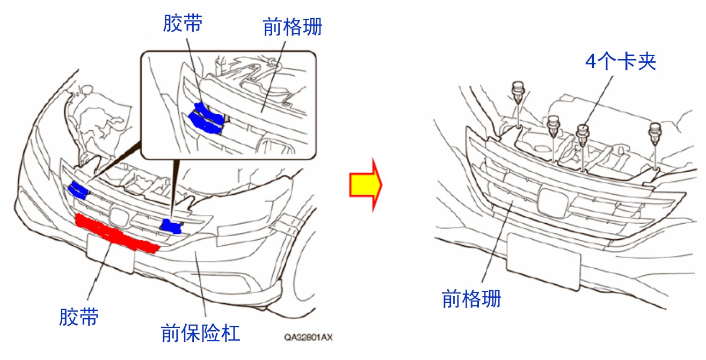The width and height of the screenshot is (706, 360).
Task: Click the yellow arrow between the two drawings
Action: click(x=366, y=185)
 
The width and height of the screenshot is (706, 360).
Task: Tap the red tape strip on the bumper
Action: click(x=116, y=233)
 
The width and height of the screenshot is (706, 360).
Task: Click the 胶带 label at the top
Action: click(x=183, y=23)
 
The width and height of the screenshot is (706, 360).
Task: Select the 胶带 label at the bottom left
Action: click(x=79, y=317)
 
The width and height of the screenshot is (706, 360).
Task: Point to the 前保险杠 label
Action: click(x=200, y=333)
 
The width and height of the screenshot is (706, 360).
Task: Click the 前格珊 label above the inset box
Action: click(x=292, y=27)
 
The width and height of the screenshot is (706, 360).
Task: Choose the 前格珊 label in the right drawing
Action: click(x=471, y=299)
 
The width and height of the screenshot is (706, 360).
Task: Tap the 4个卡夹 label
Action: click(x=621, y=61)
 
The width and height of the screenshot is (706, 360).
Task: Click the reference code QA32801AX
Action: click(x=308, y=337)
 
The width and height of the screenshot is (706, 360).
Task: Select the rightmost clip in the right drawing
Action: click(x=655, y=134)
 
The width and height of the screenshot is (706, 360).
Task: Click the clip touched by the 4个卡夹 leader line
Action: click(x=583, y=135)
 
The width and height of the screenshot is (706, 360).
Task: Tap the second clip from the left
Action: click(x=553, y=126)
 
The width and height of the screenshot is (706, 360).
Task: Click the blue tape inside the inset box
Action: click(x=207, y=119)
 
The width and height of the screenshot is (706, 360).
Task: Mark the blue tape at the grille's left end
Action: click(x=78, y=190)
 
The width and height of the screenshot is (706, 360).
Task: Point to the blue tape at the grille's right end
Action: click(x=171, y=226)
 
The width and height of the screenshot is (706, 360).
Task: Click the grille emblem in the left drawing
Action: click(x=119, y=217)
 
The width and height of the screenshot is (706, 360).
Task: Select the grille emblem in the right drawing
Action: click(x=553, y=202)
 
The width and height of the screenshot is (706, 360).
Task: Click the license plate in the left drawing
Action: click(x=111, y=254)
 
